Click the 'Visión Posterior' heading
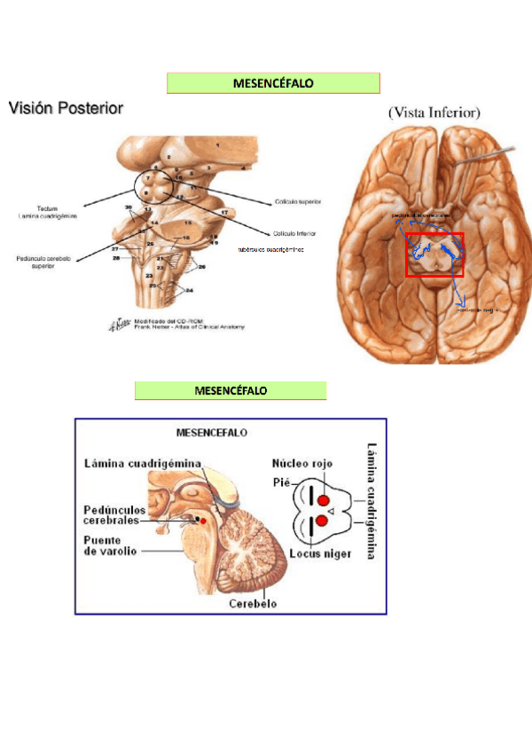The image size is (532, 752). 66,108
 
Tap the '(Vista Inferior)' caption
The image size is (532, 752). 434,113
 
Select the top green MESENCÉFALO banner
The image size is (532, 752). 273,83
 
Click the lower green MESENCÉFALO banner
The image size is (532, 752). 231,390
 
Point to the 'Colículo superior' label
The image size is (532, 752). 298,202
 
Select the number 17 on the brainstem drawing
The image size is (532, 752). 225,213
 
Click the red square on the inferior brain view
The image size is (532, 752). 434,255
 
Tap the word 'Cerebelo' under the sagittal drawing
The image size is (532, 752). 253,604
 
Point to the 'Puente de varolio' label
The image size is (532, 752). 109,544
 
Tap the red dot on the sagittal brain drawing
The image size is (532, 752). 203,521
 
